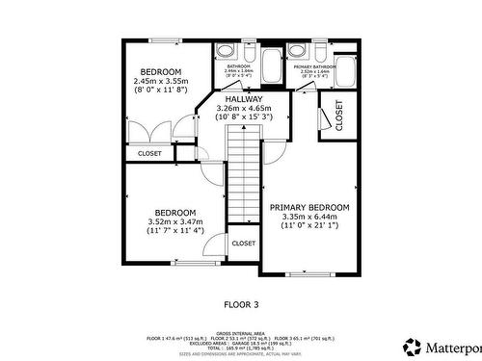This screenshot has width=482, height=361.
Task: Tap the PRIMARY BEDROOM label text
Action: pos(309,207)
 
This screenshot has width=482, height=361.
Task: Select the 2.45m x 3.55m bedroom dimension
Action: pos(161,82)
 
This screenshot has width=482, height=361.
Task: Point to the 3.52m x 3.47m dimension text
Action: pos(174,221)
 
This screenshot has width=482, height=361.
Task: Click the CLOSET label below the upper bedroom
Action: pos(149,153)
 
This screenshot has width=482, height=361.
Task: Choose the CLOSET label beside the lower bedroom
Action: pos(243,244)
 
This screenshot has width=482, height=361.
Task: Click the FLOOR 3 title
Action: pos(241,304)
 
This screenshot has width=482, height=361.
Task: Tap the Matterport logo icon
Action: pos(412,346)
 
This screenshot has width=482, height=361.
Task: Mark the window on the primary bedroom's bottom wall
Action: pos(311,273)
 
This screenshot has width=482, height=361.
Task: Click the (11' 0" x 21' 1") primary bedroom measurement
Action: pos(309,226)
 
